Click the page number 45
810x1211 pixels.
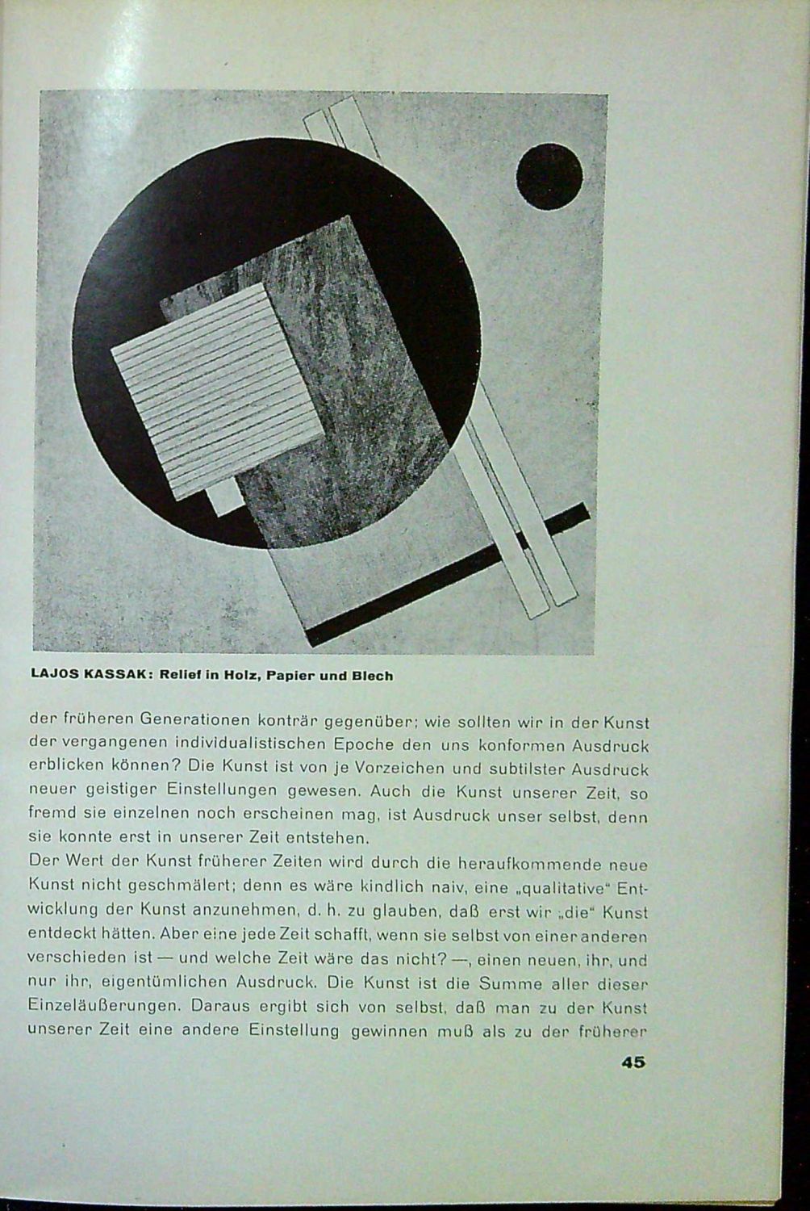coord(633,1062)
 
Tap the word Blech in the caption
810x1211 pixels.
coord(372,676)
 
